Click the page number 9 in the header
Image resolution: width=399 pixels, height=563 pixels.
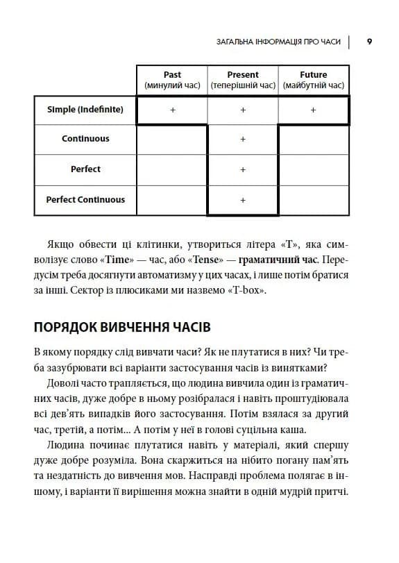[x=369, y=42]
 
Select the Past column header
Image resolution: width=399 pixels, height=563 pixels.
[x=172, y=80]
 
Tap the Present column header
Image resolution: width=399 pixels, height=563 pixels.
[x=243, y=80]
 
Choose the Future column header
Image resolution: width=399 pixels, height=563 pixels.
[x=314, y=80]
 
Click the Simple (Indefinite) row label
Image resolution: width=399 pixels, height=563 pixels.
[x=85, y=110]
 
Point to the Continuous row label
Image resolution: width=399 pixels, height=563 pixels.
[x=85, y=139]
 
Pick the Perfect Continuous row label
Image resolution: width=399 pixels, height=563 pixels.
[x=85, y=200]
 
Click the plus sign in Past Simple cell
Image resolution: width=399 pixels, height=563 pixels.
[x=172, y=110]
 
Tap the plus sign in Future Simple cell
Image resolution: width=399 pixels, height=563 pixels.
[x=314, y=110]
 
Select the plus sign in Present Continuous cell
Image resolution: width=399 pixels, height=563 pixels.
[x=243, y=140]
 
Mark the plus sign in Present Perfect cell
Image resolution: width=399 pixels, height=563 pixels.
[x=243, y=169]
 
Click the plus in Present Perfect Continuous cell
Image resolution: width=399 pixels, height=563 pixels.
[x=243, y=200]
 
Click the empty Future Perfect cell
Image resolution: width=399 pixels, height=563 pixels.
[x=314, y=169]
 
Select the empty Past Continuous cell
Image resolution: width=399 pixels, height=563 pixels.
[x=172, y=140]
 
